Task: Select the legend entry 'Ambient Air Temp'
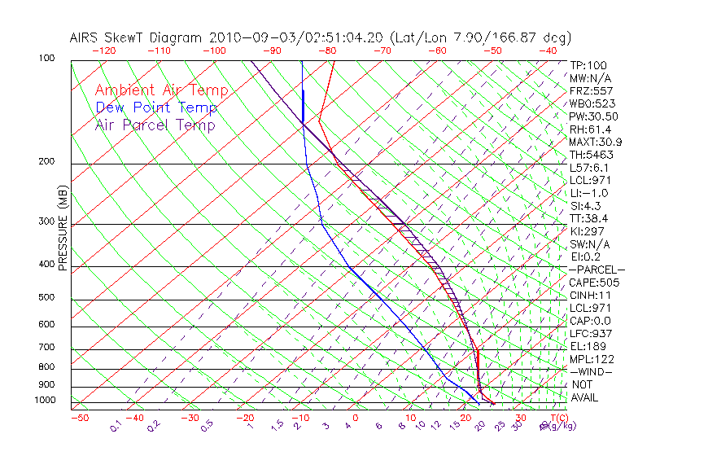click(x=161, y=90)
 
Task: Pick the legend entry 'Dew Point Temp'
click(x=155, y=107)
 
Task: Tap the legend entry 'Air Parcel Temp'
click(x=155, y=125)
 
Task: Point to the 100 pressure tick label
click(x=46, y=59)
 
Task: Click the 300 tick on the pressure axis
click(x=46, y=221)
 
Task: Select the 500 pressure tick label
click(x=46, y=298)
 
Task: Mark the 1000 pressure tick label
click(x=45, y=401)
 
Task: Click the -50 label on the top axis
click(x=493, y=50)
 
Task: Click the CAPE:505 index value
click(x=594, y=283)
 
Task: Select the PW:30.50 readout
click(x=593, y=116)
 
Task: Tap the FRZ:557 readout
click(x=591, y=91)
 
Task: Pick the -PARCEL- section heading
click(x=597, y=270)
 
